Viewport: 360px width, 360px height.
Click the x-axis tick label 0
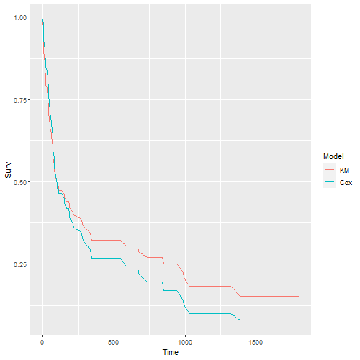[x=42, y=342]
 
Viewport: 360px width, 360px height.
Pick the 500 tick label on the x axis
[x=114, y=342]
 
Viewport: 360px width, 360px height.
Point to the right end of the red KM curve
[x=298, y=296]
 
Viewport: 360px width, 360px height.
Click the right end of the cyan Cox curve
[x=298, y=320]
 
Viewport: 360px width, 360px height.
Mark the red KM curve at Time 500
[x=114, y=240]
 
